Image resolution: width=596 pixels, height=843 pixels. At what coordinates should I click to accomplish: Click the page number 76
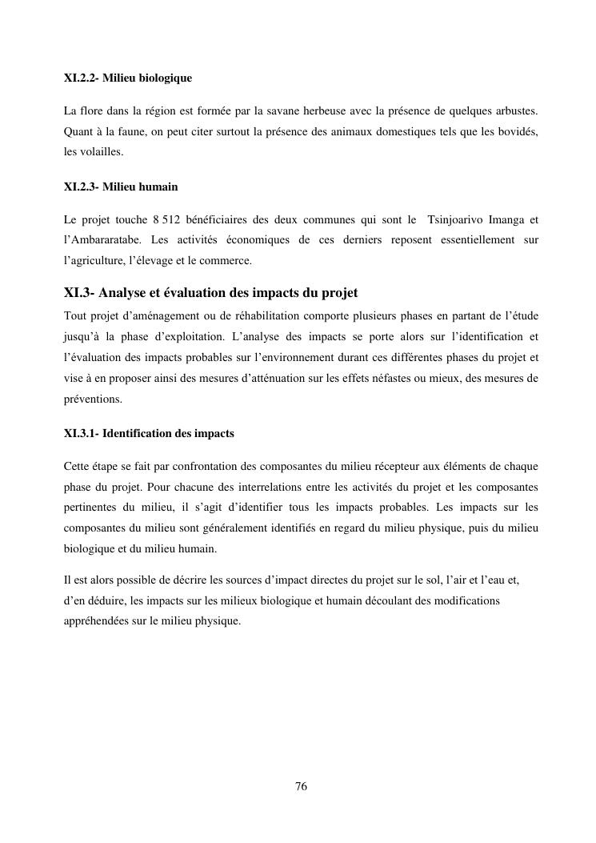coord(302,786)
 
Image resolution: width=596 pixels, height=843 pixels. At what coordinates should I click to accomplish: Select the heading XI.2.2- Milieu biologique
coord(127,78)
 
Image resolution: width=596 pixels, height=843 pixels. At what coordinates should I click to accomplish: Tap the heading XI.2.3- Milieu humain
coord(121,187)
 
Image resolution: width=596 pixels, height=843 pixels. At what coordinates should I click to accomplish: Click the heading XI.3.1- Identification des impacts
coord(149,433)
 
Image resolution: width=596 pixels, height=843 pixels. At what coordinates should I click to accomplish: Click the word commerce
coord(229,261)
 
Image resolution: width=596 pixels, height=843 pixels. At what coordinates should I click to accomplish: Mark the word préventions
coord(93,399)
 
